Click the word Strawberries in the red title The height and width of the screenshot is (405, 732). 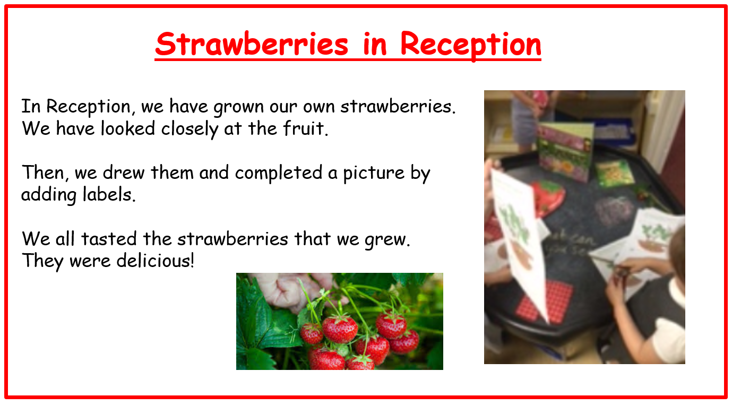click(252, 44)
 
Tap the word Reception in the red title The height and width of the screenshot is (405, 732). click(471, 45)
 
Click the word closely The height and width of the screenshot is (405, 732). click(190, 129)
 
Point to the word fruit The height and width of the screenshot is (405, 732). click(305, 128)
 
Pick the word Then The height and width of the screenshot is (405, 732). click(45, 173)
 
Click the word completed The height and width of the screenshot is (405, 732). click(279, 173)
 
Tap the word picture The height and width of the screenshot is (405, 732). click(374, 173)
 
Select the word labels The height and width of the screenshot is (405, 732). click(109, 194)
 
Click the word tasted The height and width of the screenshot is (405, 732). click(109, 239)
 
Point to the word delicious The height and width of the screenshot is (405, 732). click(155, 261)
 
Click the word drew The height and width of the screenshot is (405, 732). click(124, 173)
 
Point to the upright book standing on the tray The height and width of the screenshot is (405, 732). click(566, 151)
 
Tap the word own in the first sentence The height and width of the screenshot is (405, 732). click(317, 107)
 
